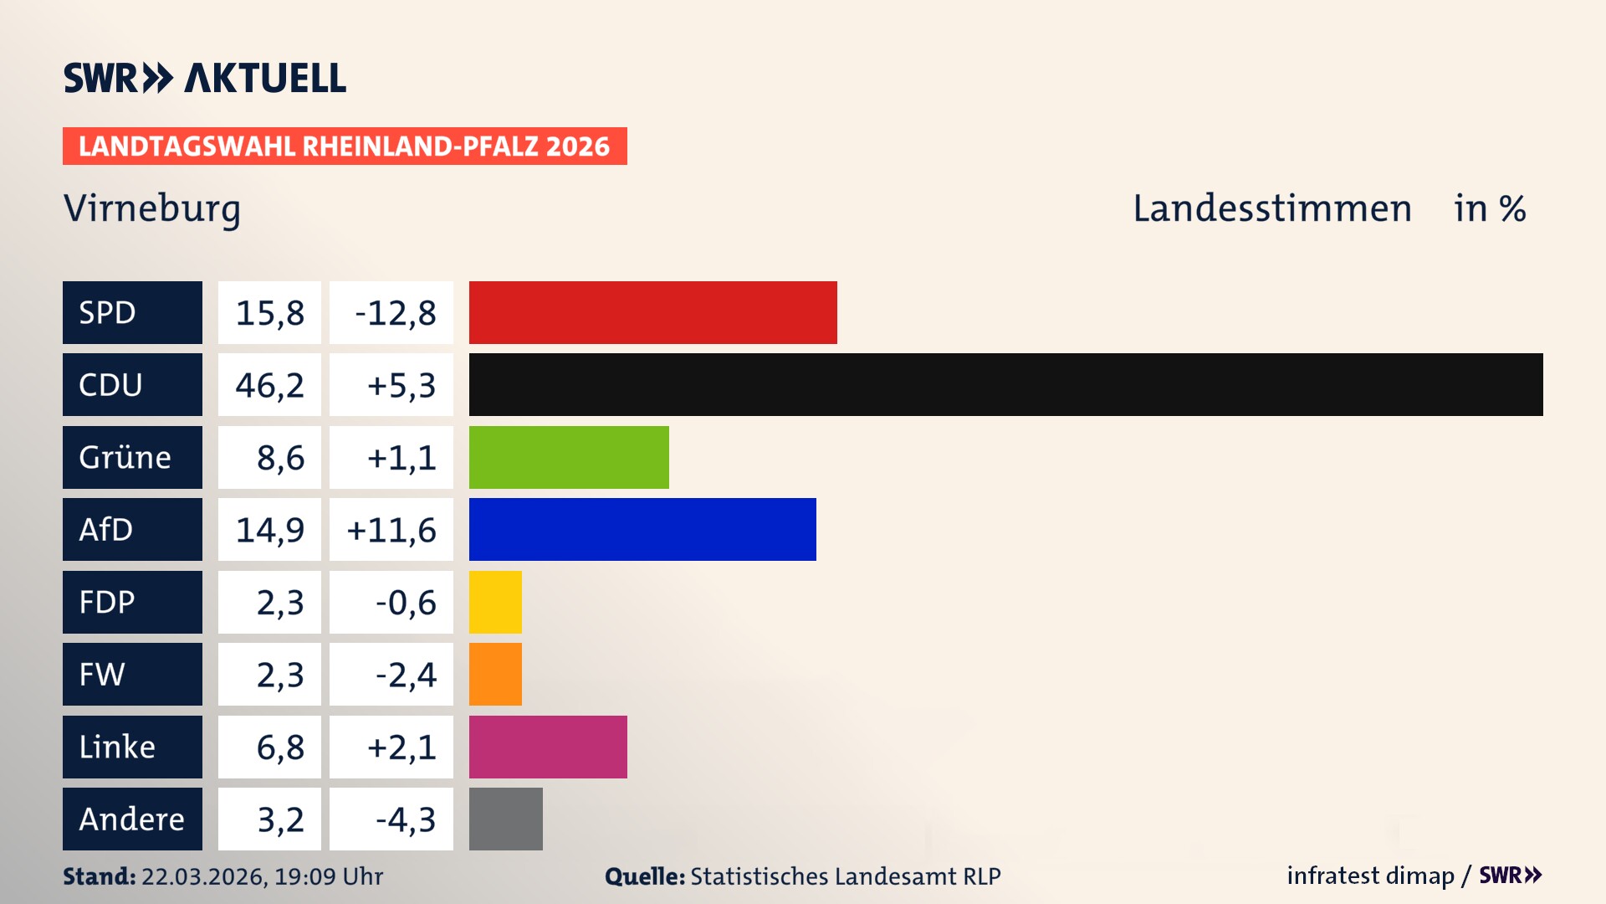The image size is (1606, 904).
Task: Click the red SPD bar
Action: point(652,312)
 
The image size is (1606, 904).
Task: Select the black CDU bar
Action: point(1005,384)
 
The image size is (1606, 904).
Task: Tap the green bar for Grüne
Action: point(569,457)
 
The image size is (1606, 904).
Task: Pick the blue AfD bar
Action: point(642,529)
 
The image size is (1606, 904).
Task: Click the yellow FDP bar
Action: point(495,602)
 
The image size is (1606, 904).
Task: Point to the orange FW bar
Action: point(495,674)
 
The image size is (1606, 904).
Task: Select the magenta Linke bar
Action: point(548,747)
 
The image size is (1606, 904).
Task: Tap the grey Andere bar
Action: point(505,819)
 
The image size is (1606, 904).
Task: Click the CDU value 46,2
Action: point(269,385)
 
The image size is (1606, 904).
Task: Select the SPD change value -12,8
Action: point(395,313)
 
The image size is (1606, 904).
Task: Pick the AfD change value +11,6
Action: point(391,530)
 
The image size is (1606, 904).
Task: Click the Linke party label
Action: point(117,747)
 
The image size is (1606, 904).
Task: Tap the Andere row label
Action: point(131,819)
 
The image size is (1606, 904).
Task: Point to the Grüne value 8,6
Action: point(280,458)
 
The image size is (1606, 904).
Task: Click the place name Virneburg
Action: point(152,208)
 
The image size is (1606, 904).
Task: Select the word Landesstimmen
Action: point(1271,208)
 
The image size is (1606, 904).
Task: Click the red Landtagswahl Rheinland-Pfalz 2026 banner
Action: point(345,146)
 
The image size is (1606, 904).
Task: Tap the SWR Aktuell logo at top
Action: point(205,78)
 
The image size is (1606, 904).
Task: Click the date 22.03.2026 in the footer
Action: point(203,876)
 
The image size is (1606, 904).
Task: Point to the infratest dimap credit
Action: point(1369,876)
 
